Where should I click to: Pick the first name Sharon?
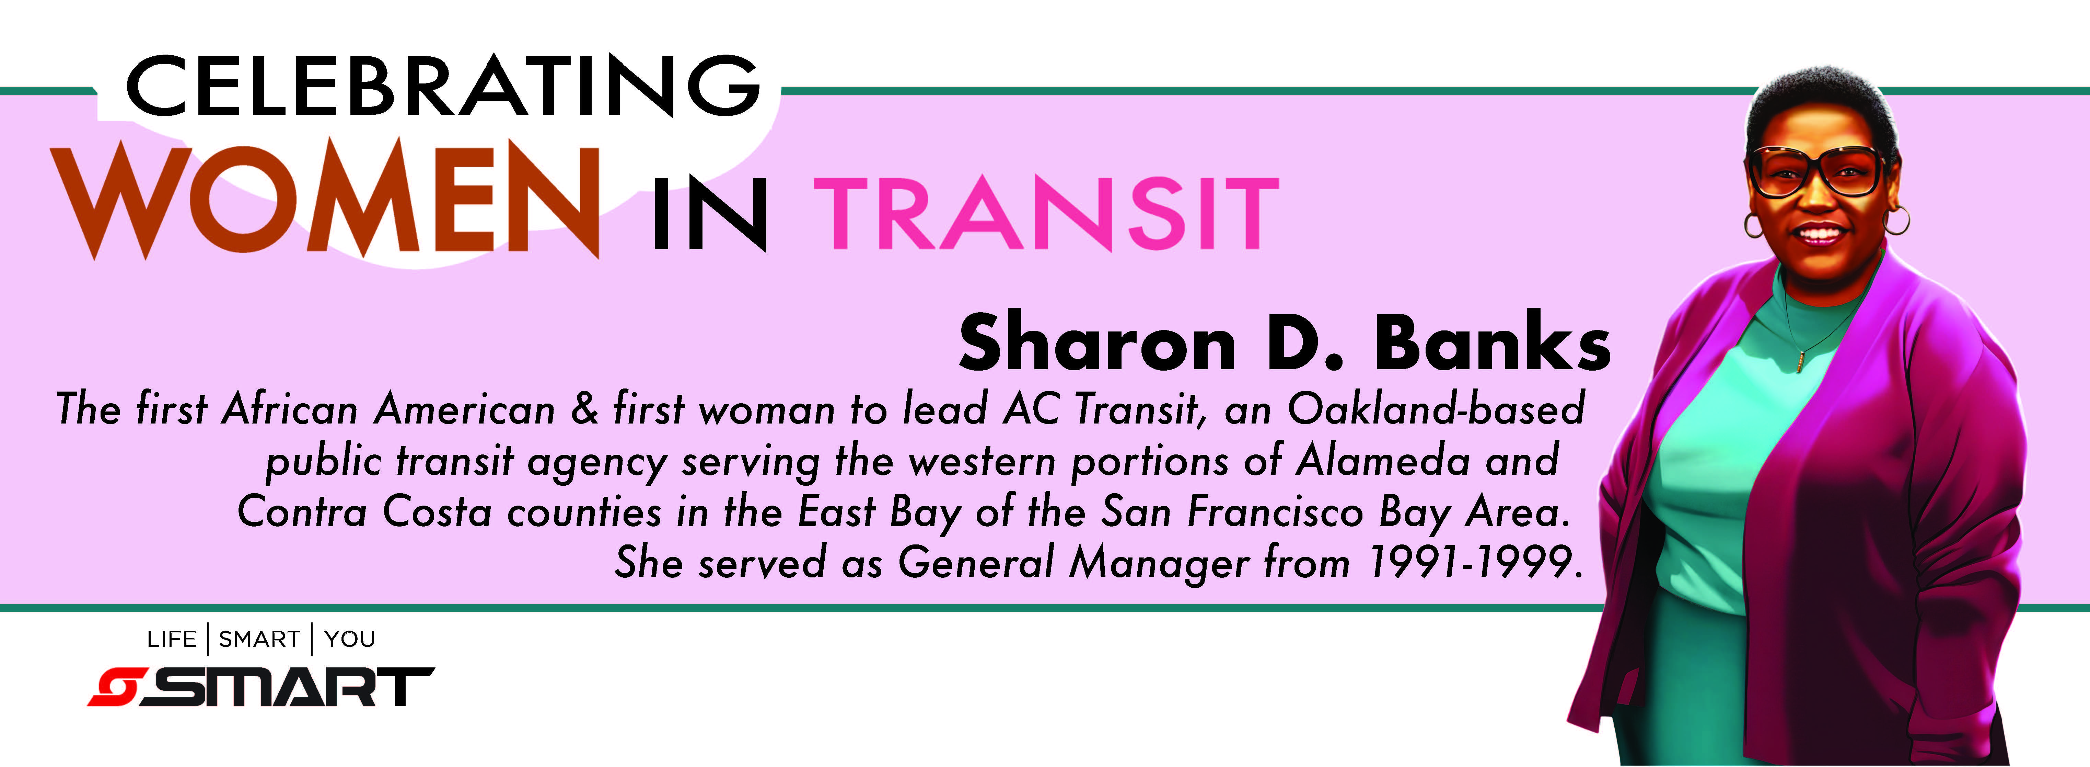click(1097, 342)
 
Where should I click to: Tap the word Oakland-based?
click(1436, 408)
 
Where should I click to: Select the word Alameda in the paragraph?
click(1383, 460)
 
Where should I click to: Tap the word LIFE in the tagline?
click(172, 640)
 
